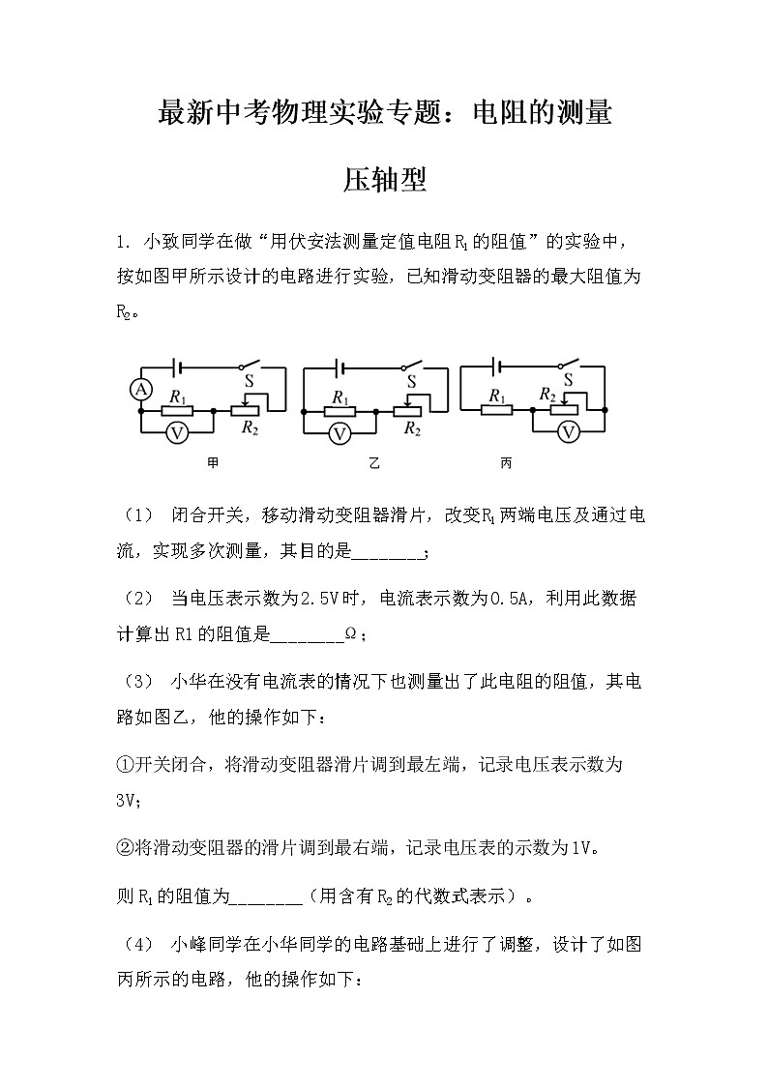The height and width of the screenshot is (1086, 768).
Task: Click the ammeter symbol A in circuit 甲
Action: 141,390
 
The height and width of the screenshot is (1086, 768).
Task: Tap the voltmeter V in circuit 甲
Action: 177,433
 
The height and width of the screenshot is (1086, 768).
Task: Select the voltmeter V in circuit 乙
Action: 340,433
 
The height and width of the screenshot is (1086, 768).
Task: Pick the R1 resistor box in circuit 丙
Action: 497,410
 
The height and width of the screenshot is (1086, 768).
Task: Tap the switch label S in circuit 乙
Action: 411,383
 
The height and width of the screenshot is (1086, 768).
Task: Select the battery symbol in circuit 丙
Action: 495,366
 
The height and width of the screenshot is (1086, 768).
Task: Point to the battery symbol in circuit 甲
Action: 175,367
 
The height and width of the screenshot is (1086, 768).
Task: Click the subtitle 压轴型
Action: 385,180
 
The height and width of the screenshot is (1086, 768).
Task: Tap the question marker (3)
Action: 135,682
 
